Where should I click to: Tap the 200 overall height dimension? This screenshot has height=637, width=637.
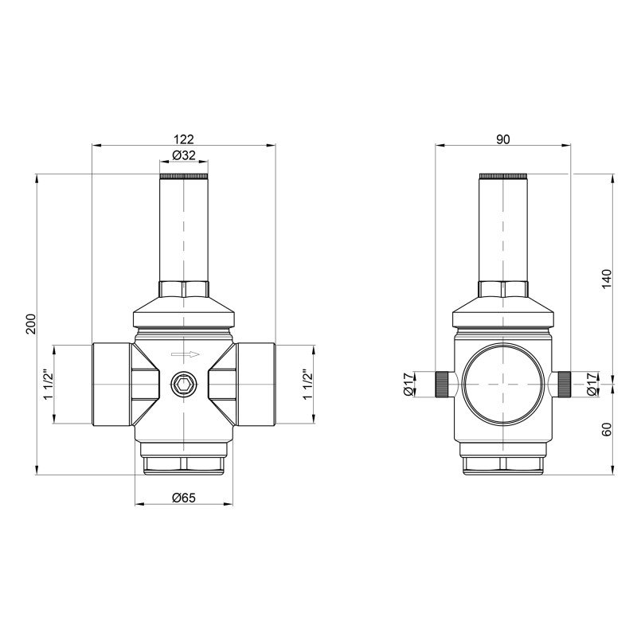pos(31,324)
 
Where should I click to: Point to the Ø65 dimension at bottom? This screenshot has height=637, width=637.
pos(184,498)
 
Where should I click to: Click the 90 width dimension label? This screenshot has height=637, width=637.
pos(502,139)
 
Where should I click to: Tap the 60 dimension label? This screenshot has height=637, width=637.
pos(606,429)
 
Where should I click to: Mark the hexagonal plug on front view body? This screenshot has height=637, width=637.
pos(184,385)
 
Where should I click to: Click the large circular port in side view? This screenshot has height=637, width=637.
pos(502,385)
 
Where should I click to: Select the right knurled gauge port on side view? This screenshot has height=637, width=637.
pos(563,385)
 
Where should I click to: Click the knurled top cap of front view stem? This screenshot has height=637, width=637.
pos(184,175)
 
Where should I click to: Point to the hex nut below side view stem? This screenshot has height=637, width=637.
pos(502,287)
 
